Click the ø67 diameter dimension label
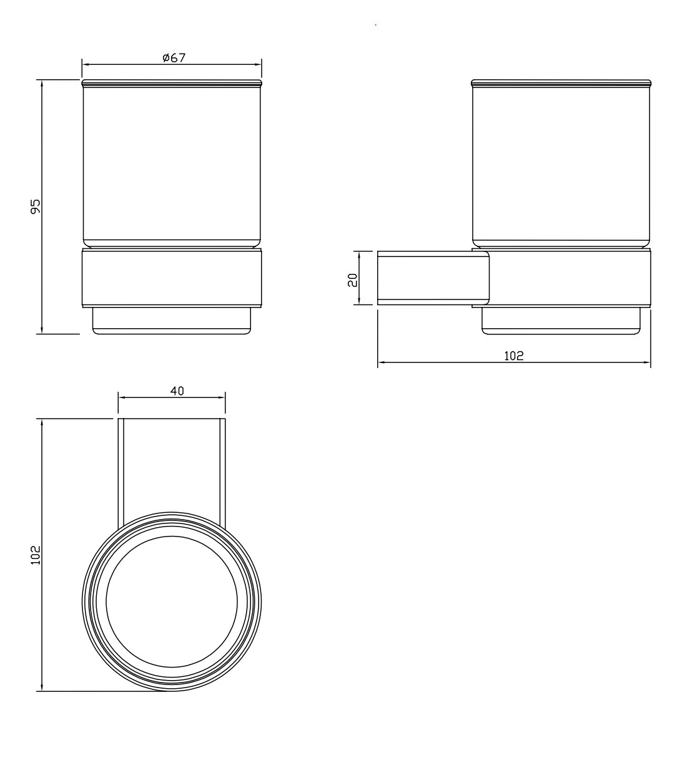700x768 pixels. [x=174, y=58]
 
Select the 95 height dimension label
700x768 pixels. [x=35, y=207]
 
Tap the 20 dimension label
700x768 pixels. [x=352, y=280]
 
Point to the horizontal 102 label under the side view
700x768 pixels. [x=514, y=356]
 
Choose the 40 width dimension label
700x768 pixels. [x=177, y=391]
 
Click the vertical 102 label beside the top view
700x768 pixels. [x=35, y=555]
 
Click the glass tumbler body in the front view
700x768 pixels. [x=172, y=164]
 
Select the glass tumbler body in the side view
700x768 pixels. [x=561, y=164]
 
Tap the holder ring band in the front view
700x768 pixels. [x=172, y=278]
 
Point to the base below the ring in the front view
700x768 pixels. [x=172, y=321]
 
